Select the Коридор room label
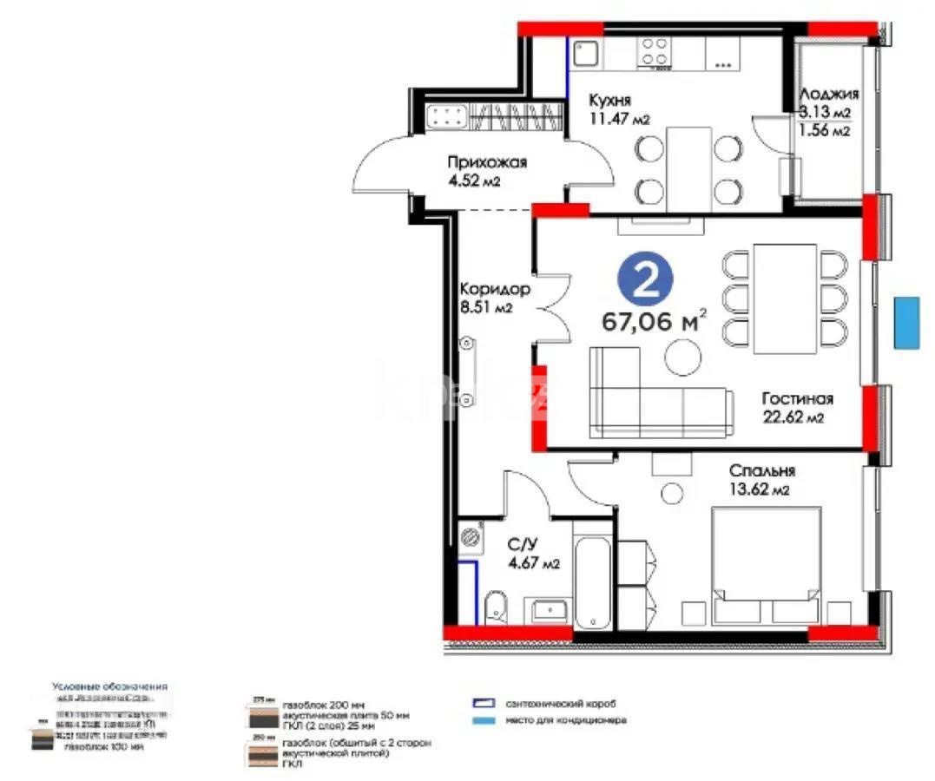tap(494, 288)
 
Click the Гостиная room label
tap(797, 399)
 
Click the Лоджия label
tap(829, 95)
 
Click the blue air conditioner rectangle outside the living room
tap(906, 323)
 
